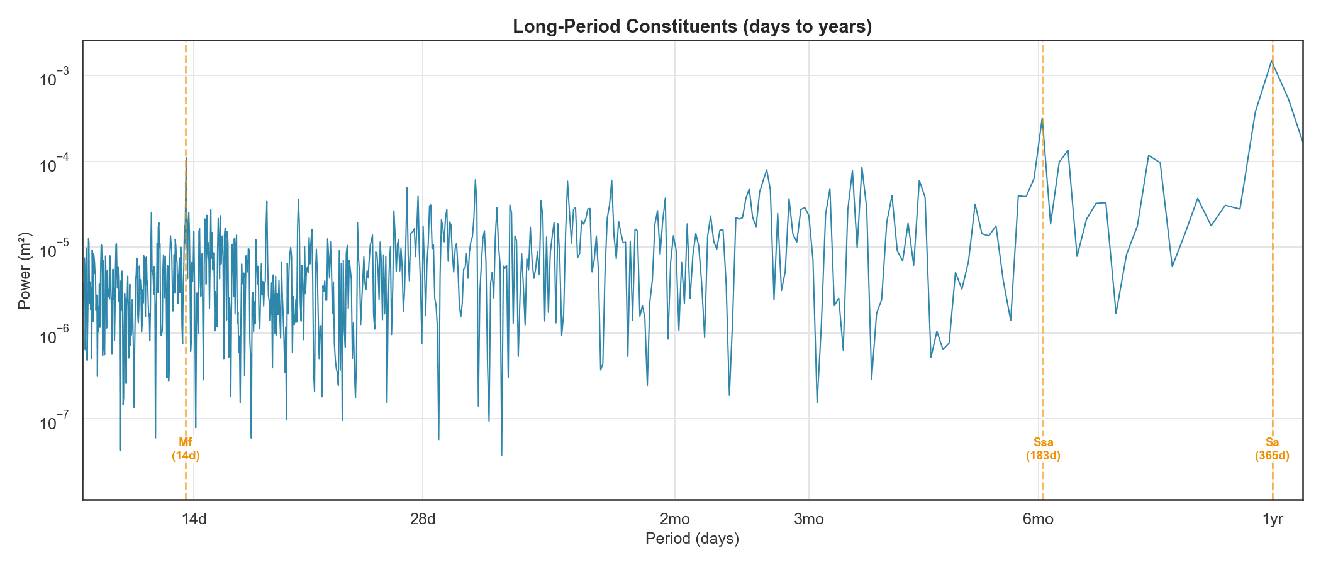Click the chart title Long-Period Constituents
pos(692,26)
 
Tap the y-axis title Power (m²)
pos(24,271)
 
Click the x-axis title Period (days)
pos(692,539)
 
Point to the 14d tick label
pos(194,519)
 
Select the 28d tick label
pos(423,519)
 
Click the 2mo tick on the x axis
pos(675,519)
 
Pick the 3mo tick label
pos(809,519)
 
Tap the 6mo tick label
pos(1038,519)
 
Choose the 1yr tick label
pos(1273,519)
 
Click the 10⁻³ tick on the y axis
pos(53,79)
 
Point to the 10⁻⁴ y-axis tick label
pos(53,165)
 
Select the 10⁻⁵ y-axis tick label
pos(53,250)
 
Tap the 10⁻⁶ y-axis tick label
pos(53,336)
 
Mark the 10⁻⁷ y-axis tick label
pos(53,422)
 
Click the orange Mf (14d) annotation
pos(186,449)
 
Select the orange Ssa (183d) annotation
pos(1043,449)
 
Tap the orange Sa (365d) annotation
pos(1272,449)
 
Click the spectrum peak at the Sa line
pos(1272,61)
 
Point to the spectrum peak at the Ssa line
pos(1042,118)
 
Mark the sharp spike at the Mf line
pos(186,158)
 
